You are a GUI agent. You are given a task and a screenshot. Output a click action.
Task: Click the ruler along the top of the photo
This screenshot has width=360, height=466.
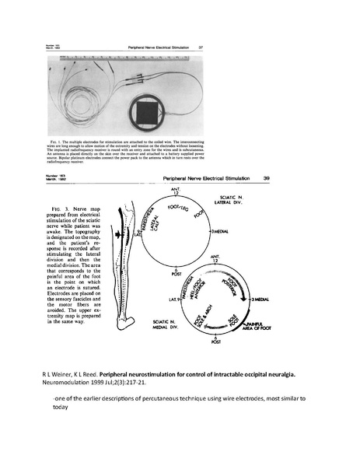pos(132,59)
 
